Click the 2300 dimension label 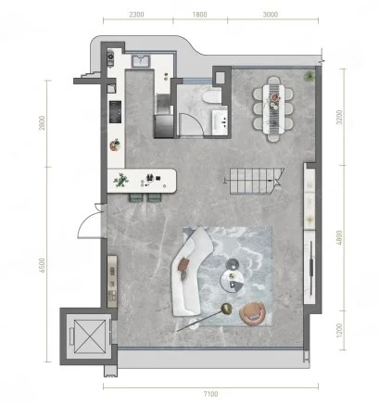coord(136,15)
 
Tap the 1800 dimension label coord(199,15)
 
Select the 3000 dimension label coord(271,15)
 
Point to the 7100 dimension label coord(210,394)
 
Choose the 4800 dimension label coord(339,237)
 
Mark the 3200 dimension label coord(339,117)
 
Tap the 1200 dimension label coord(339,330)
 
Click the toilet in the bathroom coord(212,96)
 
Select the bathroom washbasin coord(220,120)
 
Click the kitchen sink coord(141,61)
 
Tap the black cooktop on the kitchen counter coord(115,112)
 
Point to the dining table coord(273,108)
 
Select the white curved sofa coord(191,271)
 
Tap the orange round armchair coord(253,313)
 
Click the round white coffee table coord(233,280)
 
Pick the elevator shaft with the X coord(90,336)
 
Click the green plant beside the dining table coord(309,76)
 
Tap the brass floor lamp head coord(227,309)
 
